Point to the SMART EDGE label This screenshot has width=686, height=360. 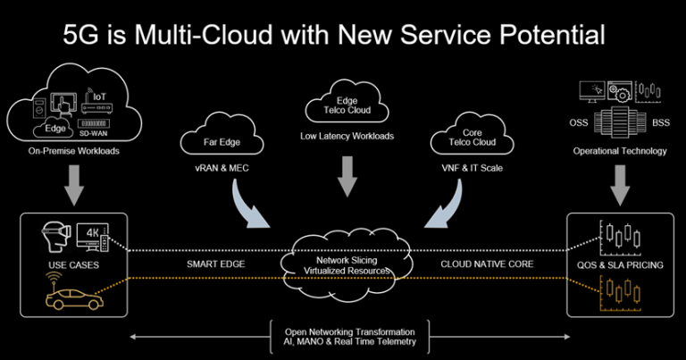pos(216,264)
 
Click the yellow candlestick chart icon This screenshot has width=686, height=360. pos(619,290)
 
